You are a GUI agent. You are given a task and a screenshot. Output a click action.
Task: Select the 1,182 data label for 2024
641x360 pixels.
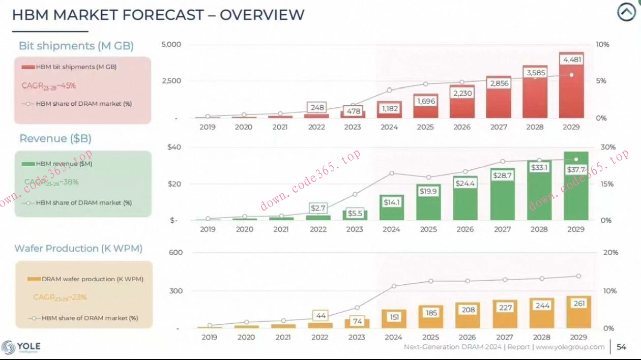(x=389, y=108)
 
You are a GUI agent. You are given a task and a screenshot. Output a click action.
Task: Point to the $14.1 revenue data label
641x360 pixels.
(x=391, y=202)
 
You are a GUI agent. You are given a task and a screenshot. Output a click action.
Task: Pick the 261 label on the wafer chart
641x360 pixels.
(x=579, y=304)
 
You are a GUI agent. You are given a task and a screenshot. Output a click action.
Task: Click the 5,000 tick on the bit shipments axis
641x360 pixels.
(x=171, y=45)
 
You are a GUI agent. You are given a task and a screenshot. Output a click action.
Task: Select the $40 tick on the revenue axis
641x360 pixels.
(x=174, y=147)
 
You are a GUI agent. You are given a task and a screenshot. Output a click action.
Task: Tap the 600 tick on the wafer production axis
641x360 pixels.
(x=176, y=253)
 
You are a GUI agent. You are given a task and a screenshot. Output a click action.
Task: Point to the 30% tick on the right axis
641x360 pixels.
(x=608, y=147)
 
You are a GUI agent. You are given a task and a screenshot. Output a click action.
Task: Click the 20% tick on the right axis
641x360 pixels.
(x=610, y=253)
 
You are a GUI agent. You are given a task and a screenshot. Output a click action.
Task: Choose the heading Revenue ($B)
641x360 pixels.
(x=55, y=139)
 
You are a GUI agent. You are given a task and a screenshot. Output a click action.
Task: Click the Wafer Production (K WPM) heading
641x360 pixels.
(x=78, y=249)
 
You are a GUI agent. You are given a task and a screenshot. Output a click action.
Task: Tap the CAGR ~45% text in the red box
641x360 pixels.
(x=49, y=86)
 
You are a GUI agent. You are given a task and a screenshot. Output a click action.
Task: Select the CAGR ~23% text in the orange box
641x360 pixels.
(x=60, y=297)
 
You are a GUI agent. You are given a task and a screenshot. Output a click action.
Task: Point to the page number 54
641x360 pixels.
(x=621, y=347)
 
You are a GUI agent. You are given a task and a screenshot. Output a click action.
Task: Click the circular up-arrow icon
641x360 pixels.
(x=626, y=13)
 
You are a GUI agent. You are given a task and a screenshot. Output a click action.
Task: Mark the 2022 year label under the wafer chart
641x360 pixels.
(x=319, y=337)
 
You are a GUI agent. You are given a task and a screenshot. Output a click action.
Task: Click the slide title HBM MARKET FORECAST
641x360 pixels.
(x=158, y=15)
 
